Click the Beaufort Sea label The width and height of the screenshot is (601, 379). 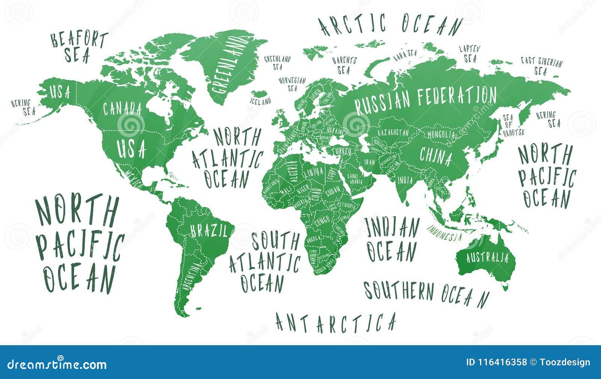click(x=79, y=47)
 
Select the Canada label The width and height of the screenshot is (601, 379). click(x=122, y=109)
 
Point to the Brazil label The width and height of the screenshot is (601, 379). click(x=209, y=230)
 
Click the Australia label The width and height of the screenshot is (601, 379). click(x=487, y=258)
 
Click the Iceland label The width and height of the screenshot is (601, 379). click(x=260, y=101)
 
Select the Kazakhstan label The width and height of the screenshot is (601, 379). click(x=393, y=133)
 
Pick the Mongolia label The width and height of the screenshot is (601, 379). click(x=441, y=134)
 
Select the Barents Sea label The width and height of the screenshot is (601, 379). click(x=344, y=65)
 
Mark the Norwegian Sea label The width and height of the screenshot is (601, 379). click(x=292, y=84)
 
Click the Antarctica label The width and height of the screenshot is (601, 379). click(x=335, y=323)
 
